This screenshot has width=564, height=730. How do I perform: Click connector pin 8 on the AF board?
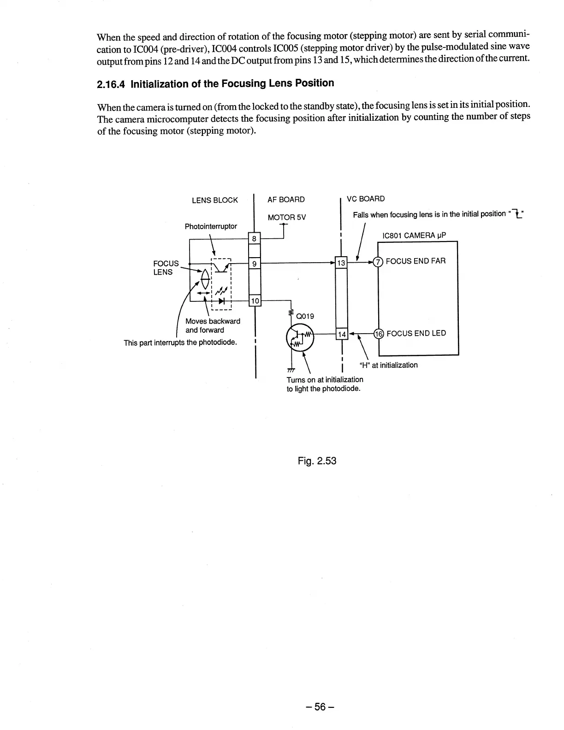255,239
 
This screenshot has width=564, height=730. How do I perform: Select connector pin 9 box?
255,264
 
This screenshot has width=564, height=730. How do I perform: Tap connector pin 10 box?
255,301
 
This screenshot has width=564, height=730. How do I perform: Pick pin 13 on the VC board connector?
341,263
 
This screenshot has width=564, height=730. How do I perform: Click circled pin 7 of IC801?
378,262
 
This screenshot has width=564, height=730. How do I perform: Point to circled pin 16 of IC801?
378,334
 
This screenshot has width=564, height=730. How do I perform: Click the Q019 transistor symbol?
300,339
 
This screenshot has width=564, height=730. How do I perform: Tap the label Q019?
305,316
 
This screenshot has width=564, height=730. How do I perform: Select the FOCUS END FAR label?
416,261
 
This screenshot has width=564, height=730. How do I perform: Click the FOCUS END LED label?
416,333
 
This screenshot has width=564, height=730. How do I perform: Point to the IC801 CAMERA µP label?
414,236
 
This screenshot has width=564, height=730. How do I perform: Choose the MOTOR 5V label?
286,217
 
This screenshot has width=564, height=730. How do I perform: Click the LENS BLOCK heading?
214,200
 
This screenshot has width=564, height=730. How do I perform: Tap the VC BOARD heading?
365,199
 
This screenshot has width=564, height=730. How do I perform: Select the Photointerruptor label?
211,226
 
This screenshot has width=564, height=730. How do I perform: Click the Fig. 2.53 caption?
317,460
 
